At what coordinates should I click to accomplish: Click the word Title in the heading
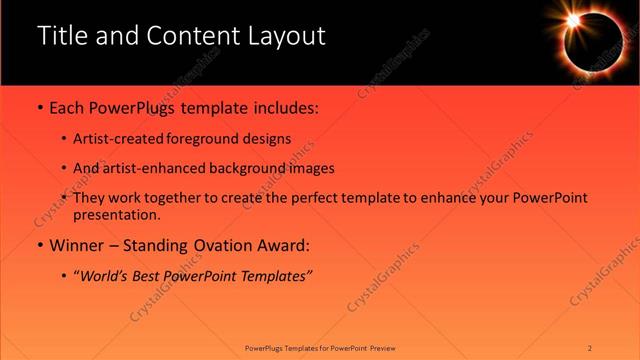pos(61,36)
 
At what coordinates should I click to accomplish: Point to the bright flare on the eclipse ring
pos(574,20)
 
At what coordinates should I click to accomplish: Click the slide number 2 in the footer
pos(590,348)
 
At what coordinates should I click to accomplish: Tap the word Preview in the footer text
pos(383,348)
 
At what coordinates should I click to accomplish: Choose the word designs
pos(265,139)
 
